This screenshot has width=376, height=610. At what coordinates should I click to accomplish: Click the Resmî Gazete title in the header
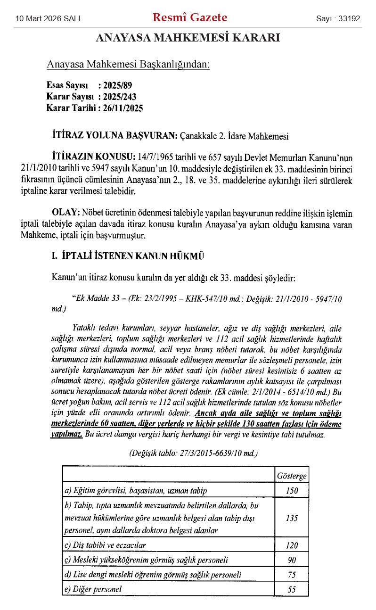click(190, 18)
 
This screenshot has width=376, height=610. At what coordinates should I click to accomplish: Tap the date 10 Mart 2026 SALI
click(48, 19)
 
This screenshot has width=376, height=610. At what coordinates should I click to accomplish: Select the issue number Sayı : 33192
click(338, 19)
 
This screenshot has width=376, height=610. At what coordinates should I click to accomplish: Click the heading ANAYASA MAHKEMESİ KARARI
click(188, 38)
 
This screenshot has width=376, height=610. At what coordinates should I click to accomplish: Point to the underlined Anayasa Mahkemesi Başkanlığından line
click(128, 65)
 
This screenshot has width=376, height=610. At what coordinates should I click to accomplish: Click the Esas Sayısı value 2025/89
click(118, 86)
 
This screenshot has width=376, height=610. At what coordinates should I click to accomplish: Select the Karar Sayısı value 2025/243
click(121, 97)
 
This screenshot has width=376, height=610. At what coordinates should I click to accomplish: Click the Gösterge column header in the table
click(292, 477)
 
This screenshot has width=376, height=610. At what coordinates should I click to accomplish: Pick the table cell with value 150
click(292, 491)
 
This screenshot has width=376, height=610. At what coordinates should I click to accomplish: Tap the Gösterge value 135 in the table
click(292, 518)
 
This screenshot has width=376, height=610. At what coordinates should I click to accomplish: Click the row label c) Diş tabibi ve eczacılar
click(105, 545)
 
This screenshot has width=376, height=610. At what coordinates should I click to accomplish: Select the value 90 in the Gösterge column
click(292, 560)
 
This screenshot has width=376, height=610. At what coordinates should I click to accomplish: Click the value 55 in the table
click(292, 589)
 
